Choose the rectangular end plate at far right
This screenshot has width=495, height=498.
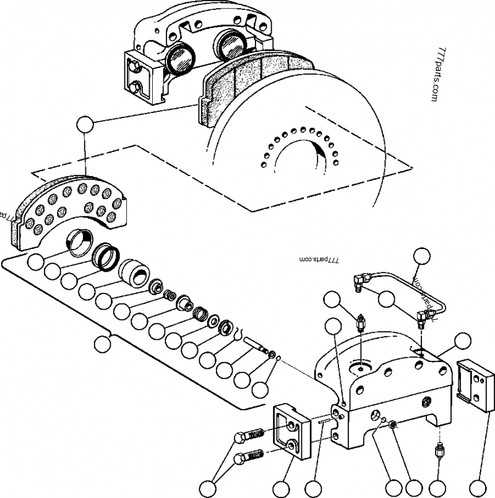pos(475,385)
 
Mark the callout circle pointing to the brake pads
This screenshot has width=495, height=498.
pos(84,124)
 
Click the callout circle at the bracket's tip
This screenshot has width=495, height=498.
pos(100,344)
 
